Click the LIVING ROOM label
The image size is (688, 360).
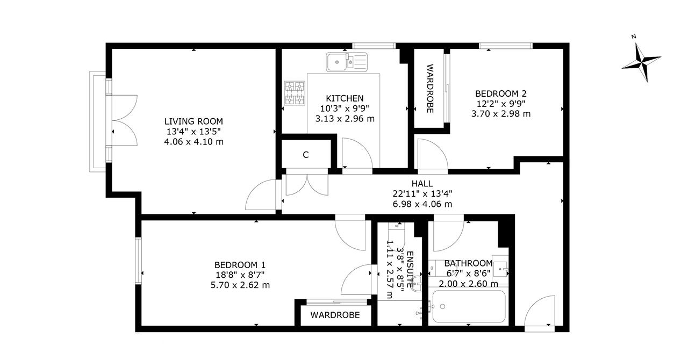(193, 121)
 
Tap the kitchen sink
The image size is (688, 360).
(347, 62)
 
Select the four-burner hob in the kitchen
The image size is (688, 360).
(295, 93)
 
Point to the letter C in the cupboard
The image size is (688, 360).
(306, 155)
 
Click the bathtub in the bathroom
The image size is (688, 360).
(469, 307)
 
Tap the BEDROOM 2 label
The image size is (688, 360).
(501, 93)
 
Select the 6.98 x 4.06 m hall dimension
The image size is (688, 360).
(422, 204)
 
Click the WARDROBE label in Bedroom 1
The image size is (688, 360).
(335, 315)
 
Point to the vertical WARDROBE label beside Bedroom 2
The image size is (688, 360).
(430, 89)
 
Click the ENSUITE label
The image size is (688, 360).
(410, 270)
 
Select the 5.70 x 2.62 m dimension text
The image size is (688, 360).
(240, 285)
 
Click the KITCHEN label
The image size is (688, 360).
(345, 98)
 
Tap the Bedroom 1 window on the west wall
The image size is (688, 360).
(139, 261)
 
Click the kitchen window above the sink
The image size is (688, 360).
(374, 46)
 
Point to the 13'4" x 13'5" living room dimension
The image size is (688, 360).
(193, 132)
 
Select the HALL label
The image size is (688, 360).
(422, 184)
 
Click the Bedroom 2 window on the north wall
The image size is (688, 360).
(506, 46)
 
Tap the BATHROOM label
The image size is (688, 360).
(468, 263)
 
